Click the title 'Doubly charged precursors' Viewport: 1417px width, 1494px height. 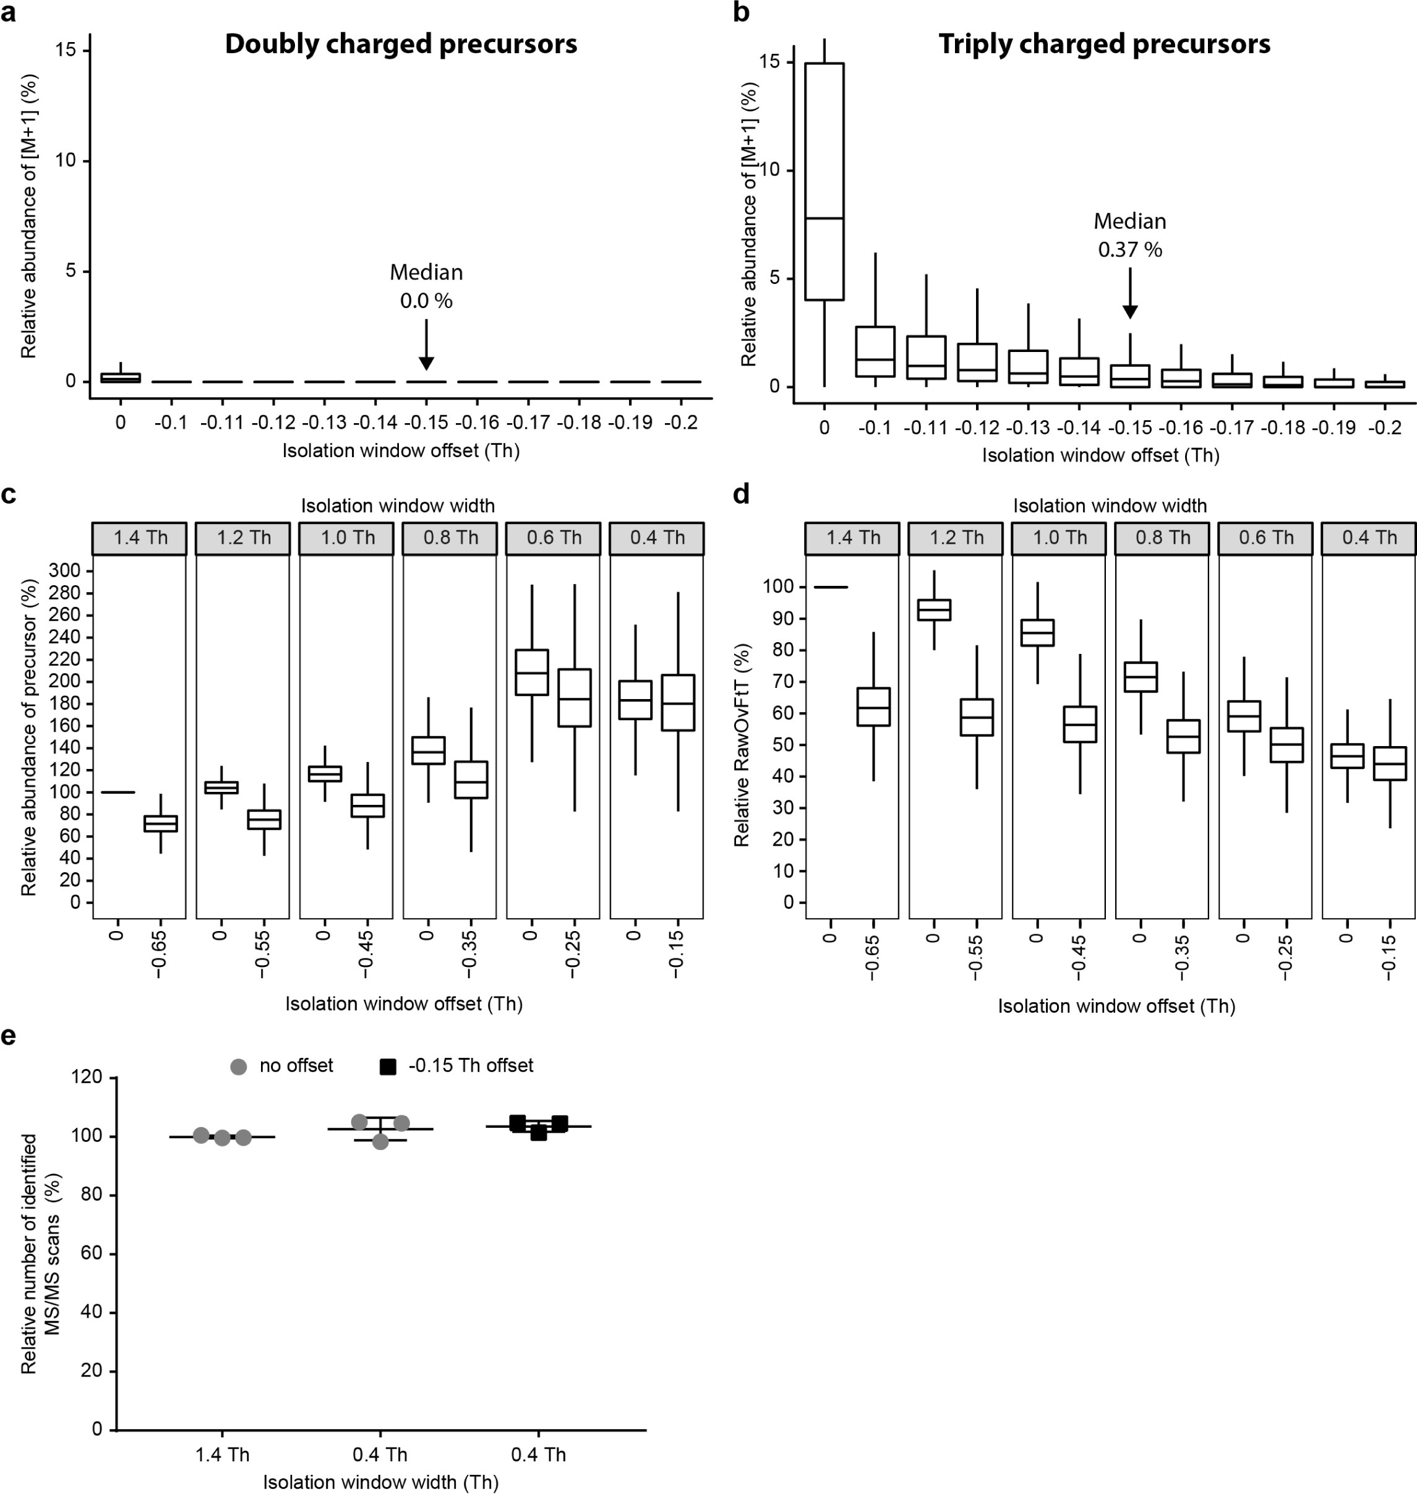coord(400,44)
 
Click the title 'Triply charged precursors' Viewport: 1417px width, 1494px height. coord(1103,44)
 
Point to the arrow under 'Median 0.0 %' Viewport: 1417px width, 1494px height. coord(426,345)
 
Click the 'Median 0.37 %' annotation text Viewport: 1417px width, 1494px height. coord(1130,235)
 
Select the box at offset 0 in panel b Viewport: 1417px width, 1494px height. coord(824,181)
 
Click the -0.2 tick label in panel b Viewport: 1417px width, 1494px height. coord(1385,428)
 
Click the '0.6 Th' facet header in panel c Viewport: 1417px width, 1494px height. coord(554,538)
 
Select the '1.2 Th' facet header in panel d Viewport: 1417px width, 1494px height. coord(956,538)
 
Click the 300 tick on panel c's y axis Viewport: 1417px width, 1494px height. coord(64,570)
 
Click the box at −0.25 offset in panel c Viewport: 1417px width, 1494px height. coord(574,697)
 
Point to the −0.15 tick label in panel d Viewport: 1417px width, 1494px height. coord(1389,955)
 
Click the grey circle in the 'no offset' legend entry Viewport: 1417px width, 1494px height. coord(239,1067)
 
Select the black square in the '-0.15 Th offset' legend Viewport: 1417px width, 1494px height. coord(387,1067)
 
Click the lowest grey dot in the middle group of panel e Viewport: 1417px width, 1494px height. coord(380,1141)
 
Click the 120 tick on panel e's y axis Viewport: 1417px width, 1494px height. coord(87,1076)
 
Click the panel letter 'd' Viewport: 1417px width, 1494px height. coord(741,495)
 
